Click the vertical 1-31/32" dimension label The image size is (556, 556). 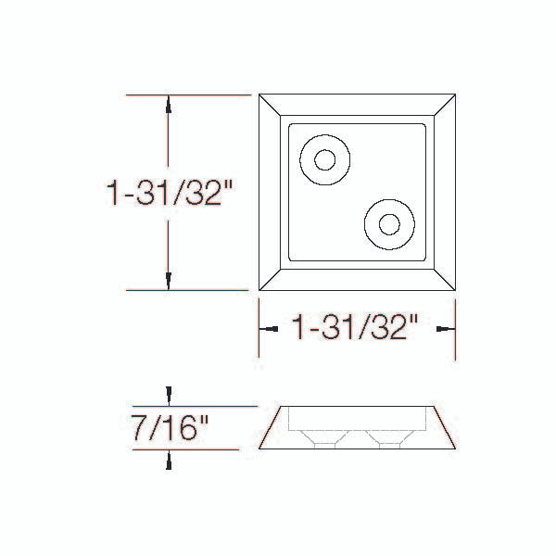(170, 193)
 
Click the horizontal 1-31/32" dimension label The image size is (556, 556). (355, 327)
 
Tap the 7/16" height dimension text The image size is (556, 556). (170, 428)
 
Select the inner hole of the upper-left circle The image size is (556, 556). (325, 160)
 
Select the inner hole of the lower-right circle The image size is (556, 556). (389, 224)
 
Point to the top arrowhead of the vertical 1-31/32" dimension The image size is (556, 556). (169, 105)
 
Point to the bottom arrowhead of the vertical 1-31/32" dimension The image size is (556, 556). (169, 281)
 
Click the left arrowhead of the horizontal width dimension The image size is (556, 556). (269, 329)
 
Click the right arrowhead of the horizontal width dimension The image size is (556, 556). (446, 329)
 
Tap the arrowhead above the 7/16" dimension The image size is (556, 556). (170, 397)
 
